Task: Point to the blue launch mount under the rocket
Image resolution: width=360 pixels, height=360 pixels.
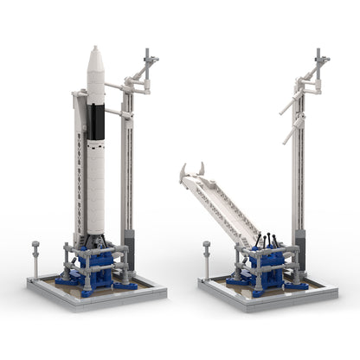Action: coord(97,265)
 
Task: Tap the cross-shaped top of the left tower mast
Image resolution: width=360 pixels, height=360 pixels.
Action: coord(149,61)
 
